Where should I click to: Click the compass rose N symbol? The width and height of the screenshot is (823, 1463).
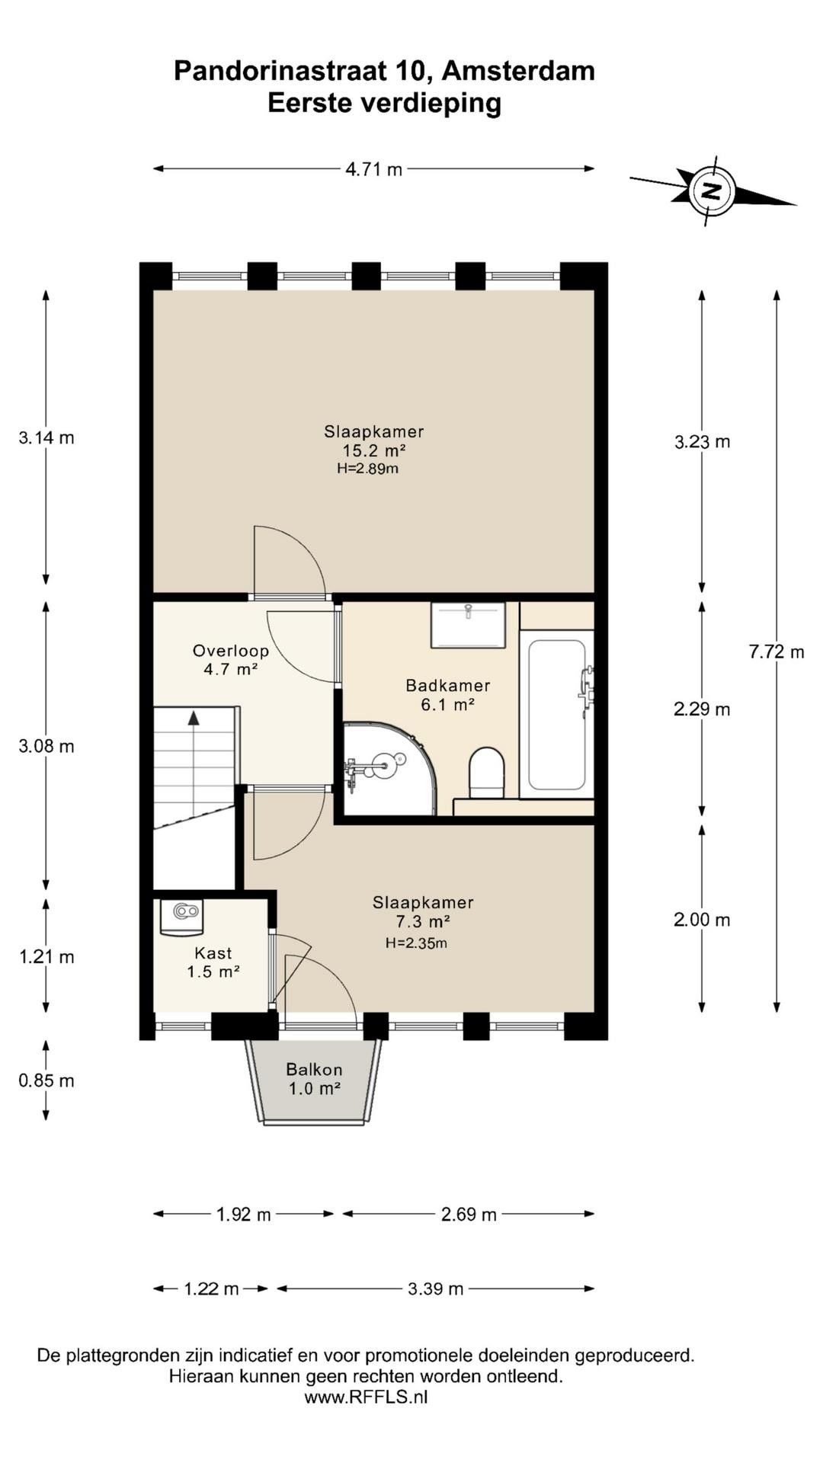[712, 190]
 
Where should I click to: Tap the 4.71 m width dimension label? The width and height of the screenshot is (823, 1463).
[373, 169]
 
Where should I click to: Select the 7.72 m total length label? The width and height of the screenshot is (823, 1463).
[777, 651]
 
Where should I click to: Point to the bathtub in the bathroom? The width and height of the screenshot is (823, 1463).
[557, 714]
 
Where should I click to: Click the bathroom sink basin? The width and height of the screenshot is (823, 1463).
[468, 625]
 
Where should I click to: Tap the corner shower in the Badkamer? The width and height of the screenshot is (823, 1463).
[389, 768]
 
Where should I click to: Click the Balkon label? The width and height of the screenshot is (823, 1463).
[314, 1070]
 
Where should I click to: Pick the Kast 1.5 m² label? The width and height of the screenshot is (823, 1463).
[213, 962]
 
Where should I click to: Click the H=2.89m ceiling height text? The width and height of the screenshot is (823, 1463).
[368, 469]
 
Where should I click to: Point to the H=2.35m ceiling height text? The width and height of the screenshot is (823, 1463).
[416, 943]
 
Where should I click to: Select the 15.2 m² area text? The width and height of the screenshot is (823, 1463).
[373, 450]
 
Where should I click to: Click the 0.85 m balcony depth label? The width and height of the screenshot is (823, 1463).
[46, 1080]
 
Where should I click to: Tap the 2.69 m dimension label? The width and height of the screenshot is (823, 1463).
[469, 1215]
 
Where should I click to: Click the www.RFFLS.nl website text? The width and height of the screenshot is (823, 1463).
[366, 1397]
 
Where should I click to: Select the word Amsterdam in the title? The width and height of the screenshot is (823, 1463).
[518, 71]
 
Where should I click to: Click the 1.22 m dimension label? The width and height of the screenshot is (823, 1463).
[211, 1289]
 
